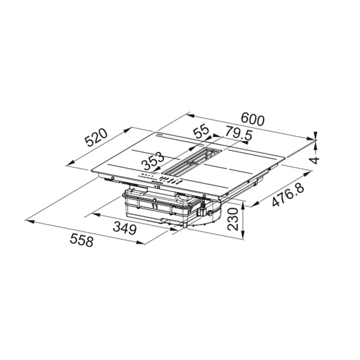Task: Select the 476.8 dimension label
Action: pyautogui.click(x=288, y=195)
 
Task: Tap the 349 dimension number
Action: pyautogui.click(x=125, y=228)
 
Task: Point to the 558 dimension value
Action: pyautogui.click(x=82, y=240)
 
